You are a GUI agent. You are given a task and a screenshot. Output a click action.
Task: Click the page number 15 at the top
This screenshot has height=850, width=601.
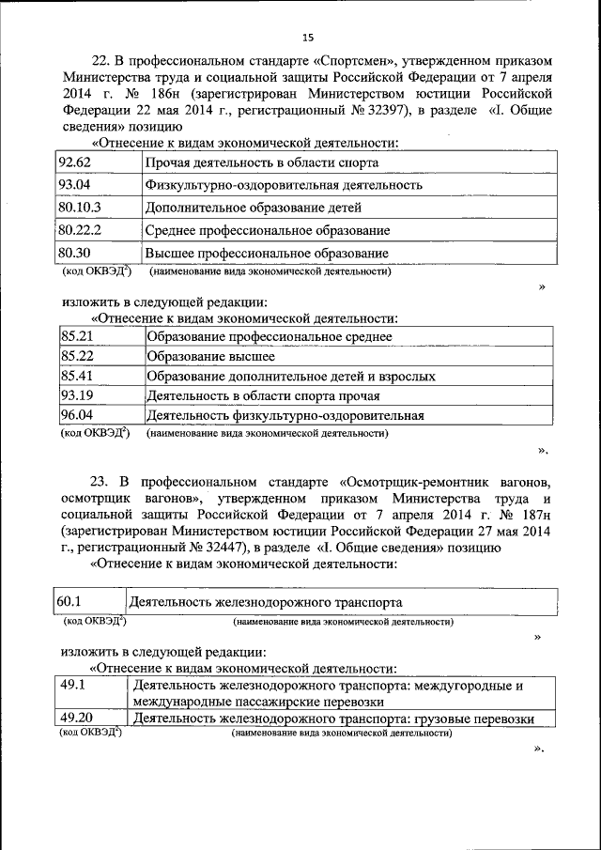[x=307, y=38]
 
